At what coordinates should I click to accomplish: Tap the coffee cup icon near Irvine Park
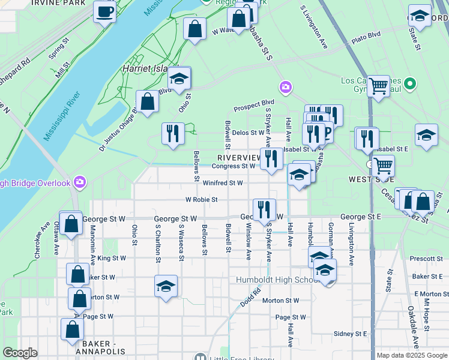[x=104, y=12]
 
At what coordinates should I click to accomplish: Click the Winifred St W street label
[x=222, y=183]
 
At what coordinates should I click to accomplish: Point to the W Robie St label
[x=201, y=199]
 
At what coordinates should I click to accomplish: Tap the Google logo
[x=20, y=353]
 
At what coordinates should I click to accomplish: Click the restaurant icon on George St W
[x=264, y=211]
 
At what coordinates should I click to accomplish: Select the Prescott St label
[x=427, y=259]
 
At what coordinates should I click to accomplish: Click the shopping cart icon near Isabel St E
[x=382, y=165]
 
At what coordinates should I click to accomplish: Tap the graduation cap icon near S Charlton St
[x=166, y=286]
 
